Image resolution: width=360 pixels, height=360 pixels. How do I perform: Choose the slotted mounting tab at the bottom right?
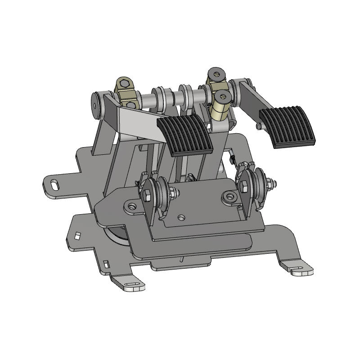(299, 270)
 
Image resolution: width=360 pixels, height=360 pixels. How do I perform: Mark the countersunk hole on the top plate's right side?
(231, 196)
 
